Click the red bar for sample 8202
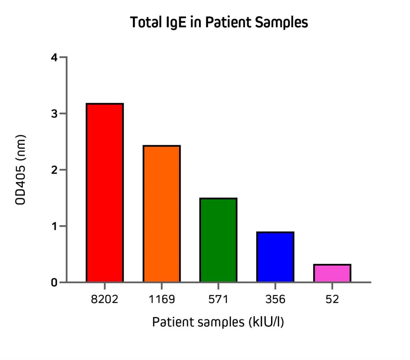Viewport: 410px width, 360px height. click(x=105, y=193)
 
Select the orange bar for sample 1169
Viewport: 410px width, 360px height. click(x=161, y=214)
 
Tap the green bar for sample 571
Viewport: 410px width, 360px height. click(x=218, y=240)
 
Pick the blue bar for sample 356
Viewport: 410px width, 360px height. click(x=275, y=257)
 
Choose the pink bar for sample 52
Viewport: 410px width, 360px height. click(x=332, y=273)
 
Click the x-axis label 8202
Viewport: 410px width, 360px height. click(x=105, y=299)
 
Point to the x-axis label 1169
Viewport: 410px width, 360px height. click(x=161, y=299)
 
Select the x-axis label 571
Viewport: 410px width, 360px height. click(x=218, y=299)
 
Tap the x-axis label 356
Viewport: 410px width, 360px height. click(x=275, y=299)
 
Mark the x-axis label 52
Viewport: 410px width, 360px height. click(x=332, y=299)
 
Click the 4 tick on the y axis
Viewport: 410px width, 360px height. click(x=54, y=58)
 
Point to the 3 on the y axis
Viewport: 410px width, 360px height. click(x=54, y=114)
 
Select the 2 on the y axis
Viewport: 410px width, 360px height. click(x=54, y=170)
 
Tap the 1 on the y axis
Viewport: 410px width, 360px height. click(x=54, y=226)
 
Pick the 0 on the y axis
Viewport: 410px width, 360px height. click(x=54, y=283)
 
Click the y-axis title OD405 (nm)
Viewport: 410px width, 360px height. click(x=20, y=170)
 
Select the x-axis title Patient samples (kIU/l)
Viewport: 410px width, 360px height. click(x=218, y=322)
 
